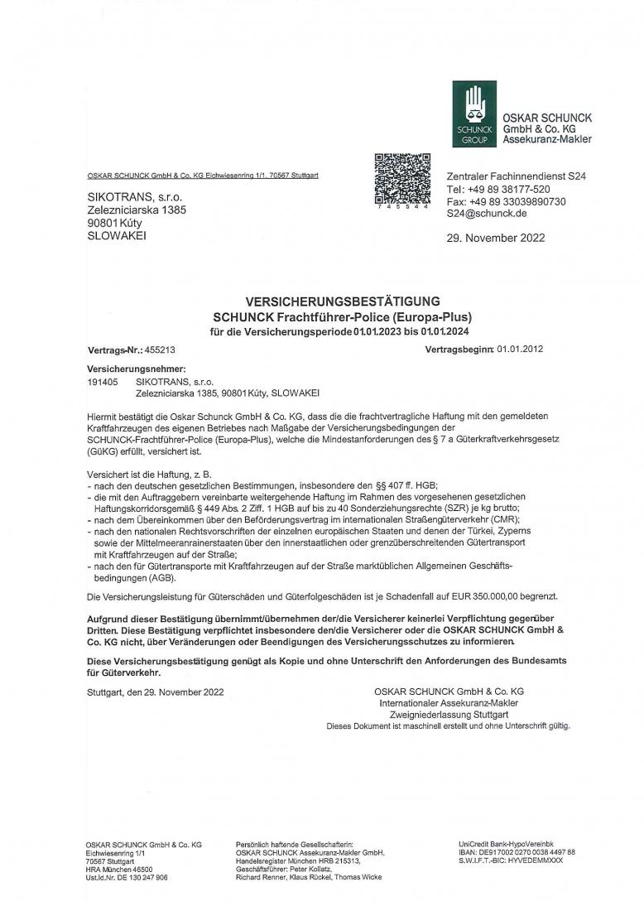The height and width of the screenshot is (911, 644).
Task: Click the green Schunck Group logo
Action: [x=474, y=114]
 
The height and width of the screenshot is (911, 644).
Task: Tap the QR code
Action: [x=402, y=179]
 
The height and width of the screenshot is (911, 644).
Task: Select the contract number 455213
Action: [x=161, y=349]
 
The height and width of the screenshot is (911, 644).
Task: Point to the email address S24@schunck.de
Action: [x=487, y=214]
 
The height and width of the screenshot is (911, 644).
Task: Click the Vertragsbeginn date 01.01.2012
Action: [x=520, y=349]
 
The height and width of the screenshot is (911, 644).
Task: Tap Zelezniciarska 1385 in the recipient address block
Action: [x=137, y=210]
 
